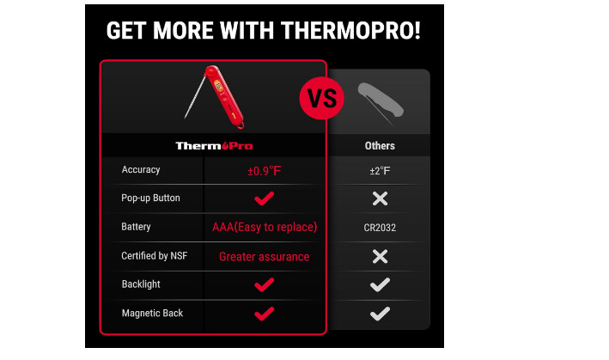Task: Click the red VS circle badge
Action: (x=321, y=98)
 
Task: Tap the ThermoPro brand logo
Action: (x=214, y=146)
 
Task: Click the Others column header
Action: (x=380, y=145)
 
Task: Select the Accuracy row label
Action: (x=141, y=170)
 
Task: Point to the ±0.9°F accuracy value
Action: (x=264, y=170)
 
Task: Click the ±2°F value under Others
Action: (x=380, y=170)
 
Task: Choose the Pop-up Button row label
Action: (x=150, y=198)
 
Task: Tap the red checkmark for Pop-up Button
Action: (x=264, y=198)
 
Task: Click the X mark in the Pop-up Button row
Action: (x=380, y=198)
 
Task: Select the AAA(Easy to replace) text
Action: (x=265, y=227)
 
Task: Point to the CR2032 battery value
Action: (x=380, y=228)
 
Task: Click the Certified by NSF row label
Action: (x=155, y=255)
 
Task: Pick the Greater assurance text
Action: (x=264, y=256)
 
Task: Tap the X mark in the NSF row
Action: (x=380, y=256)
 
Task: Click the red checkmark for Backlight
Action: (x=264, y=284)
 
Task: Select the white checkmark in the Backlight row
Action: (x=380, y=284)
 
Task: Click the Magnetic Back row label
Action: (x=152, y=313)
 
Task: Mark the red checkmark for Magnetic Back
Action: (x=264, y=314)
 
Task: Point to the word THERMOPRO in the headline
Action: (x=350, y=31)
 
